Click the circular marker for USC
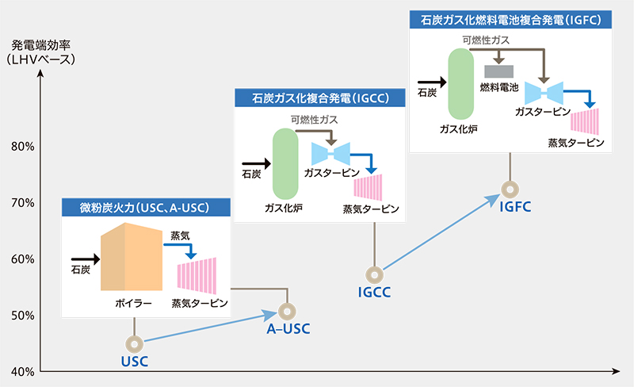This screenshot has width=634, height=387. pyautogui.click(x=135, y=343)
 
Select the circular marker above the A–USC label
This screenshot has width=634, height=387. pyautogui.click(x=287, y=311)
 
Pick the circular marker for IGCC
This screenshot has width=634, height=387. pyautogui.click(x=374, y=274)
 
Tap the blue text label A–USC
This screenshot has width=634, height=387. pyautogui.click(x=288, y=329)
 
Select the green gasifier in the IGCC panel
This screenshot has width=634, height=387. pyautogui.click(x=285, y=164)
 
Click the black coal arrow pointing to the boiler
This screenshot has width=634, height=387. pyautogui.click(x=83, y=259)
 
